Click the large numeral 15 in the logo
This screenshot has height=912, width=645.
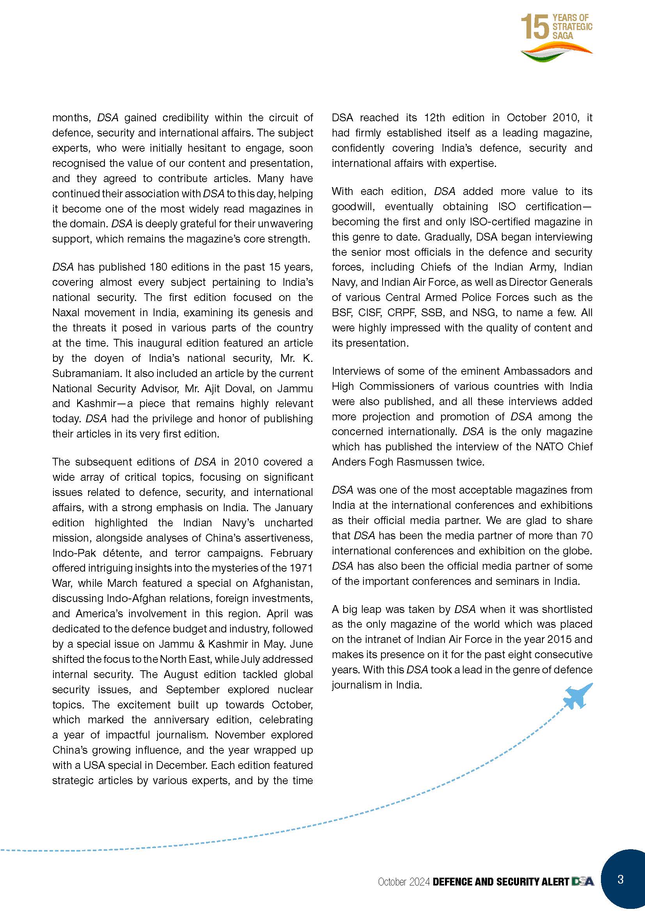(535, 27)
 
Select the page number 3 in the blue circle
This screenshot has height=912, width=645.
(620, 879)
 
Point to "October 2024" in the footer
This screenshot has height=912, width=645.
(404, 882)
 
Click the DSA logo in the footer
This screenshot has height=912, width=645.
(583, 882)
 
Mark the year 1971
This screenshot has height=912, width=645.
(301, 568)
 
